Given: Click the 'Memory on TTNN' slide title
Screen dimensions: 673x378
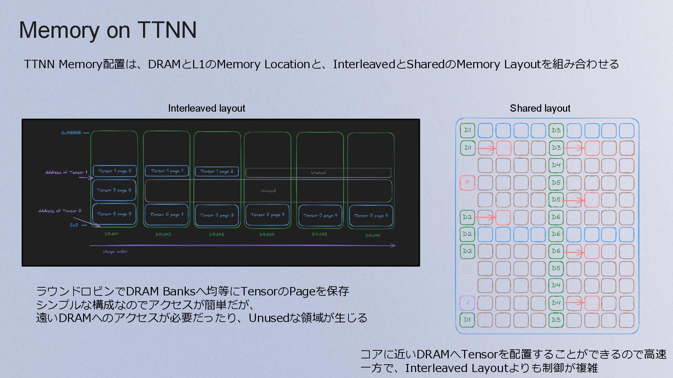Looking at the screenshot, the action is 108,30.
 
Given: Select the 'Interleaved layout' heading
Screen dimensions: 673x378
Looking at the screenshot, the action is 206,108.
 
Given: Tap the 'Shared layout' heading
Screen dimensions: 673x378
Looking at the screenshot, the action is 540,108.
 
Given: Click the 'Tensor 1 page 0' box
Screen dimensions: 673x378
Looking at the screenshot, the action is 115,171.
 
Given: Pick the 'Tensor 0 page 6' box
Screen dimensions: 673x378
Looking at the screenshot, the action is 114,190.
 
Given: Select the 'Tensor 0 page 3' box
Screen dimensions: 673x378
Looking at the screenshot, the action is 267,215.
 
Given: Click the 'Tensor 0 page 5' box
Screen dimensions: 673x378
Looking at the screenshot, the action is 371,216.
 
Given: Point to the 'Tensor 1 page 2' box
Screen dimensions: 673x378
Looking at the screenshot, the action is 217,171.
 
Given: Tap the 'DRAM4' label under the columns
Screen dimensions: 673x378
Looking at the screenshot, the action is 267,234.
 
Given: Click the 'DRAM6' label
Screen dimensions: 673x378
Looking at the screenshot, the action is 373,236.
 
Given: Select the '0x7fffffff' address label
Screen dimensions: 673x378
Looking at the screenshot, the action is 71,133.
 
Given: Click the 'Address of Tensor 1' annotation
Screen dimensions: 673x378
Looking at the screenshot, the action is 66,173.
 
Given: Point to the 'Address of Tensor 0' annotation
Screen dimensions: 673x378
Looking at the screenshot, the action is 60,211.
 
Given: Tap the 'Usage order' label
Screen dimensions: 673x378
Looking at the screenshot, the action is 115,251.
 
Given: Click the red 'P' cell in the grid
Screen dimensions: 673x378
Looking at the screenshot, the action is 467,182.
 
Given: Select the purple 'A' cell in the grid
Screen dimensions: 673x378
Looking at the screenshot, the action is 467,303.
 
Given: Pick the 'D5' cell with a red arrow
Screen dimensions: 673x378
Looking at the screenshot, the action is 556,200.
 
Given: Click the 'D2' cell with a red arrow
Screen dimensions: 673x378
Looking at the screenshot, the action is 467,217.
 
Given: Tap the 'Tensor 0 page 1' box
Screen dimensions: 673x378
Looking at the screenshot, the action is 166,215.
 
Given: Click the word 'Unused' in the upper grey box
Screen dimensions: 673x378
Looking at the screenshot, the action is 318,173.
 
